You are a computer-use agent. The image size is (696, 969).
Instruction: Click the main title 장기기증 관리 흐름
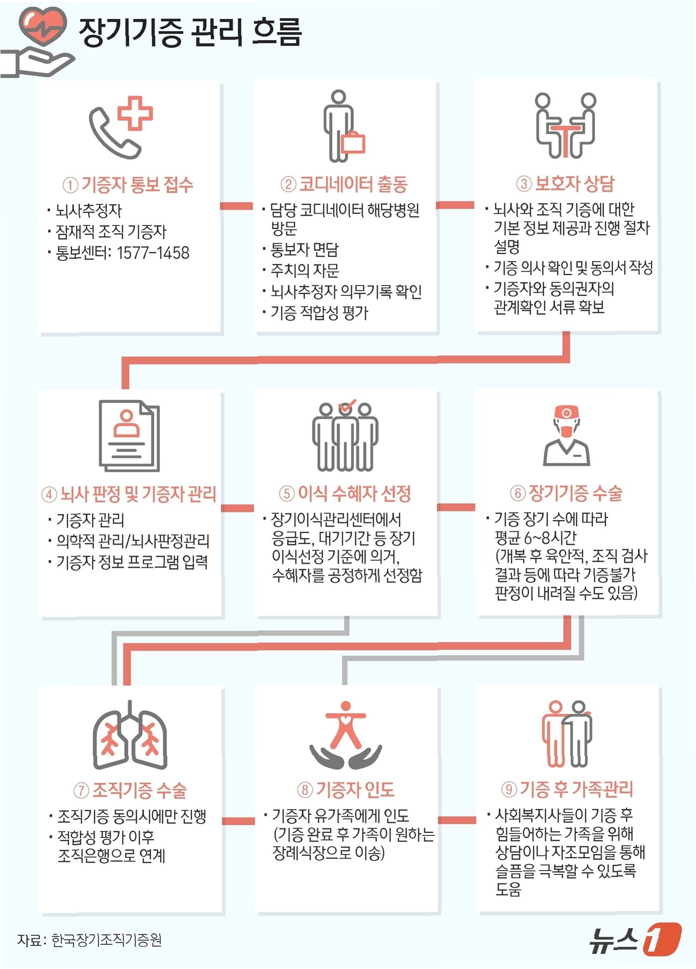190,33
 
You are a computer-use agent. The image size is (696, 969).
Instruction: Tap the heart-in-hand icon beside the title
40,42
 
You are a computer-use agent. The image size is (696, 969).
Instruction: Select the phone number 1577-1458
153,253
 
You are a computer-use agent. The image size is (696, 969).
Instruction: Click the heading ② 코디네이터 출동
344,185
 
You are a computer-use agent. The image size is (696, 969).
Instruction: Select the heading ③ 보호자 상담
565,184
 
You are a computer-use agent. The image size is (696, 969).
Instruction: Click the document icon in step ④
129,435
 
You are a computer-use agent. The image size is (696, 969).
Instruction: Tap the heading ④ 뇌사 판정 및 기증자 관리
129,494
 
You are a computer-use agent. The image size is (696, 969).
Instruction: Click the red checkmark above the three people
347,406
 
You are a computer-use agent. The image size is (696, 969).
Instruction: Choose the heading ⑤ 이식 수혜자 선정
345,493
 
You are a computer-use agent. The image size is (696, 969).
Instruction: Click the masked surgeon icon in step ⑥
566,435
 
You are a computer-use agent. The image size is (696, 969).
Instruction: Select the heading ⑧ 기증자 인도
346,790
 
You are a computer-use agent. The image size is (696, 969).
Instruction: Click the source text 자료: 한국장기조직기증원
90,940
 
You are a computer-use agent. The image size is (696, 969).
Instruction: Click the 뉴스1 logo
635,939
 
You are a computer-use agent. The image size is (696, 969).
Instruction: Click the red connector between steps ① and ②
236,206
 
